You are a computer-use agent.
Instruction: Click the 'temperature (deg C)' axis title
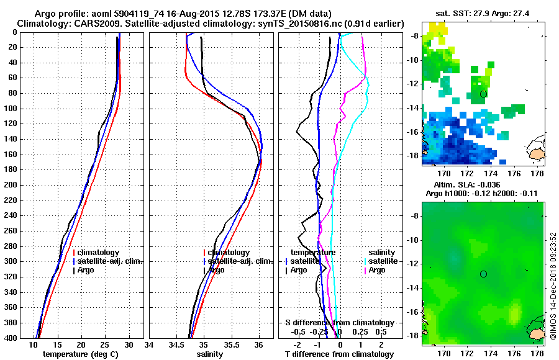pyautogui.click(x=81, y=354)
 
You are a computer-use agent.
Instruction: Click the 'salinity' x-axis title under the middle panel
pyautogui.click(x=211, y=354)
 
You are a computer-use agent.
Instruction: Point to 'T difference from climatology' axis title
pyautogui.click(x=339, y=354)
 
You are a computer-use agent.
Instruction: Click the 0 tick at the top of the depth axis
pyautogui.click(x=16, y=32)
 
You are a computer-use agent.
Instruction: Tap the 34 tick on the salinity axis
pyautogui.click(x=150, y=344)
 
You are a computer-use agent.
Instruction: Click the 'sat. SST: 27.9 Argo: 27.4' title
pyautogui.click(x=484, y=13)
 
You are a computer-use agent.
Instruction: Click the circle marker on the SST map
pyautogui.click(x=483, y=94)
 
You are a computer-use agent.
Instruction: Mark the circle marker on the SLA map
pyautogui.click(x=483, y=274)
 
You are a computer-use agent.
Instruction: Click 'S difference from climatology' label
pyautogui.click(x=339, y=323)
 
